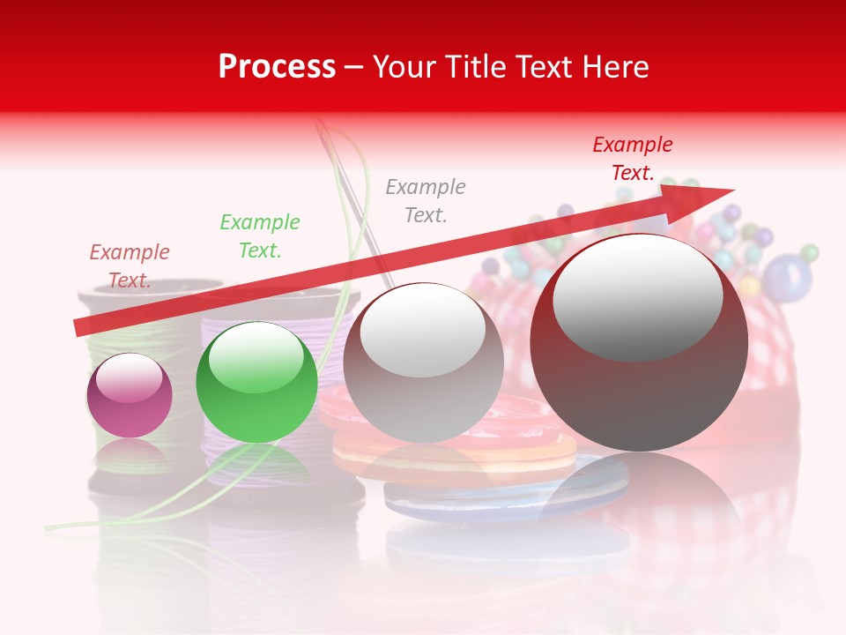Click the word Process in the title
[277, 67]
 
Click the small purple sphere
[130, 396]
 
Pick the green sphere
[256, 383]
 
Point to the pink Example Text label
[130, 265]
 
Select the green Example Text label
[260, 235]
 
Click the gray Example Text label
[426, 200]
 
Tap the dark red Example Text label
[633, 158]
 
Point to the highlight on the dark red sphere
[637, 296]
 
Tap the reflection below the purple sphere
[130, 459]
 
